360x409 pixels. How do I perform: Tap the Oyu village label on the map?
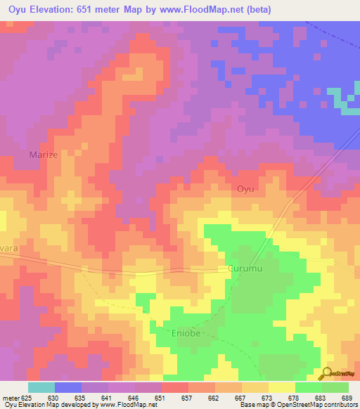244,189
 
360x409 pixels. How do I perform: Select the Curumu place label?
244,269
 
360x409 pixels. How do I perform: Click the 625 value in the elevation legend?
25,397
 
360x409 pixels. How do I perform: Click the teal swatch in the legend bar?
41,387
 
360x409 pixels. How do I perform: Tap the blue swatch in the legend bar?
68,387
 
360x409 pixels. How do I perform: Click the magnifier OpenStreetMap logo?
327,374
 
